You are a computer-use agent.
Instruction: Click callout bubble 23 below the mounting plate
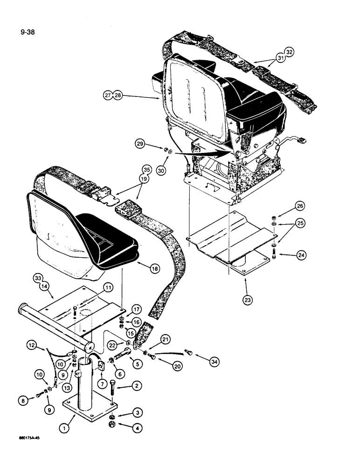pos(247,300)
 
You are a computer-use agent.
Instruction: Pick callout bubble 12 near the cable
pos(30,346)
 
